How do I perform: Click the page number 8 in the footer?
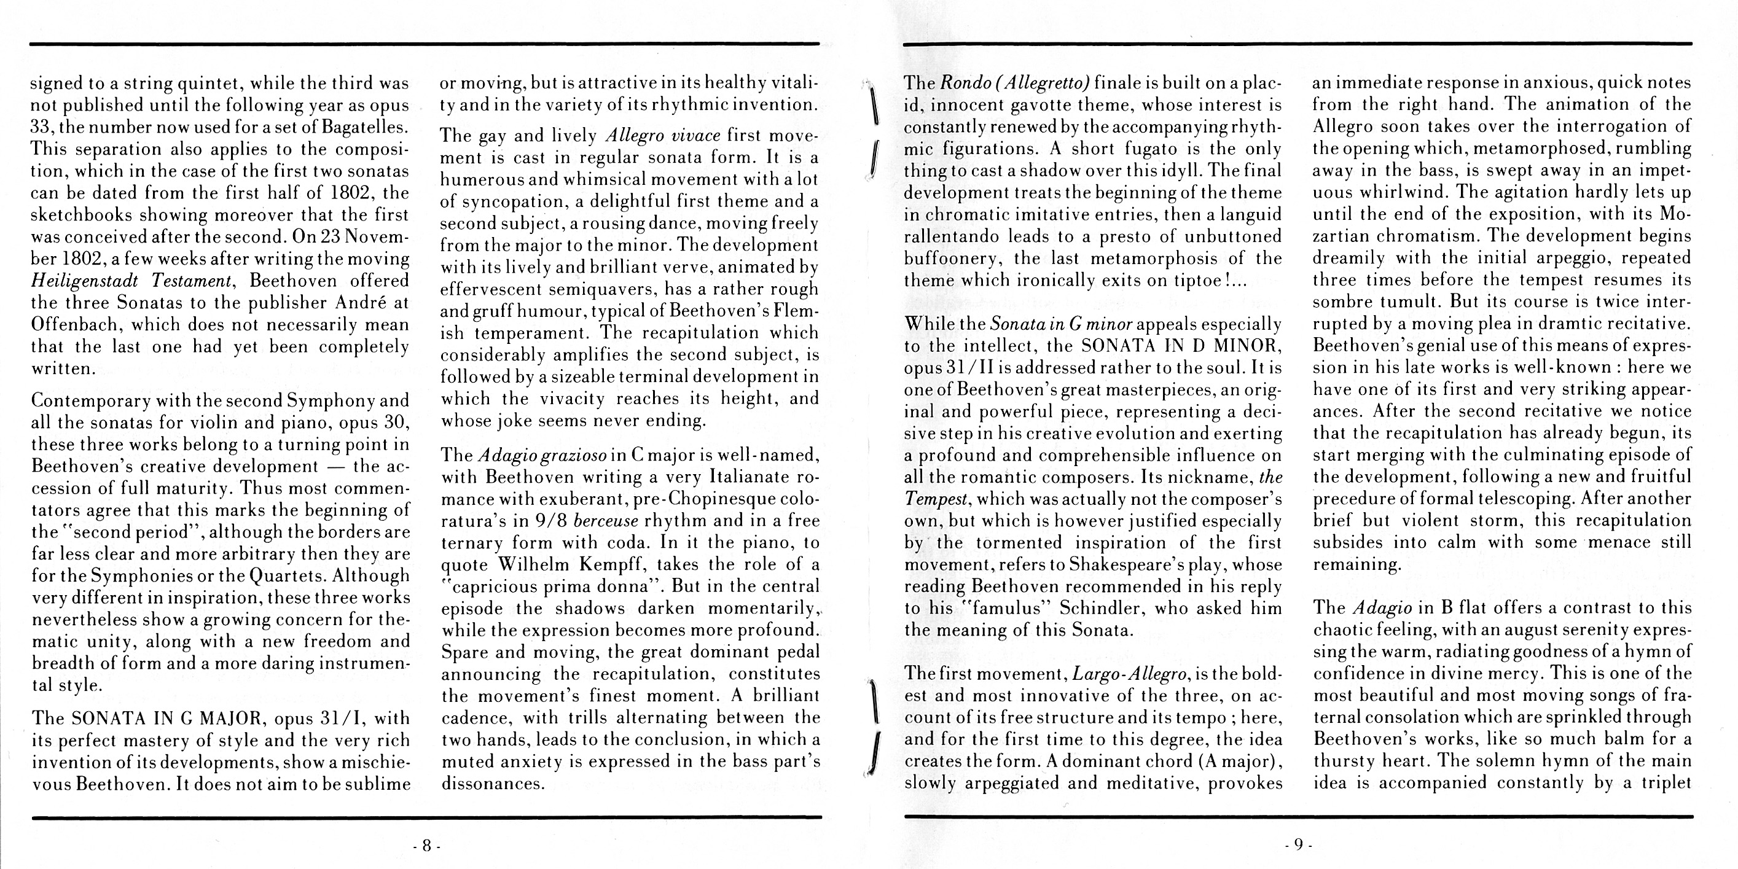[x=426, y=844]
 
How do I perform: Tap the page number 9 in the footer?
[x=1298, y=844]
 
